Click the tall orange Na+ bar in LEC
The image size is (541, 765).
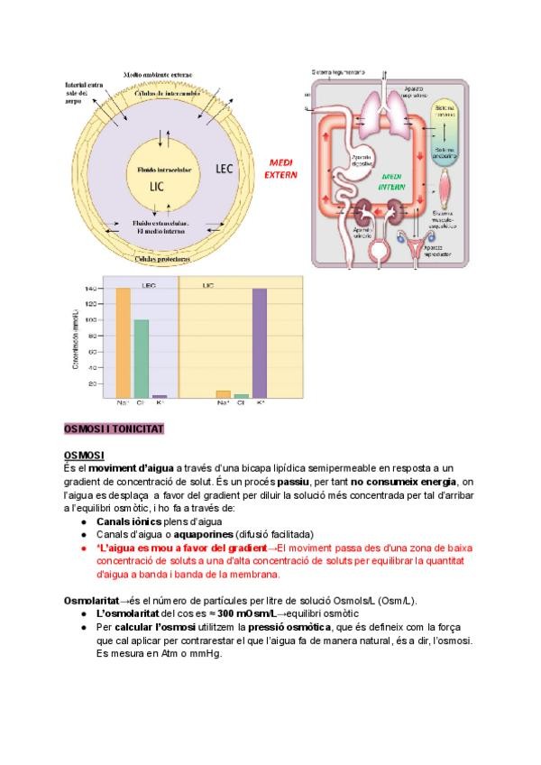(123, 342)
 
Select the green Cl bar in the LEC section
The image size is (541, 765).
(141, 358)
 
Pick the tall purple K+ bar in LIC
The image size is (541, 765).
(260, 342)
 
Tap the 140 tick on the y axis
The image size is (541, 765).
(90, 289)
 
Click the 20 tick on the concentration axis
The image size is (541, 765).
(91, 383)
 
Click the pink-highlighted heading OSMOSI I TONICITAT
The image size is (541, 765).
(114, 429)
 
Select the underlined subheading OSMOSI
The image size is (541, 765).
(85, 455)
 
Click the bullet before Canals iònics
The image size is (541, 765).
(84, 521)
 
